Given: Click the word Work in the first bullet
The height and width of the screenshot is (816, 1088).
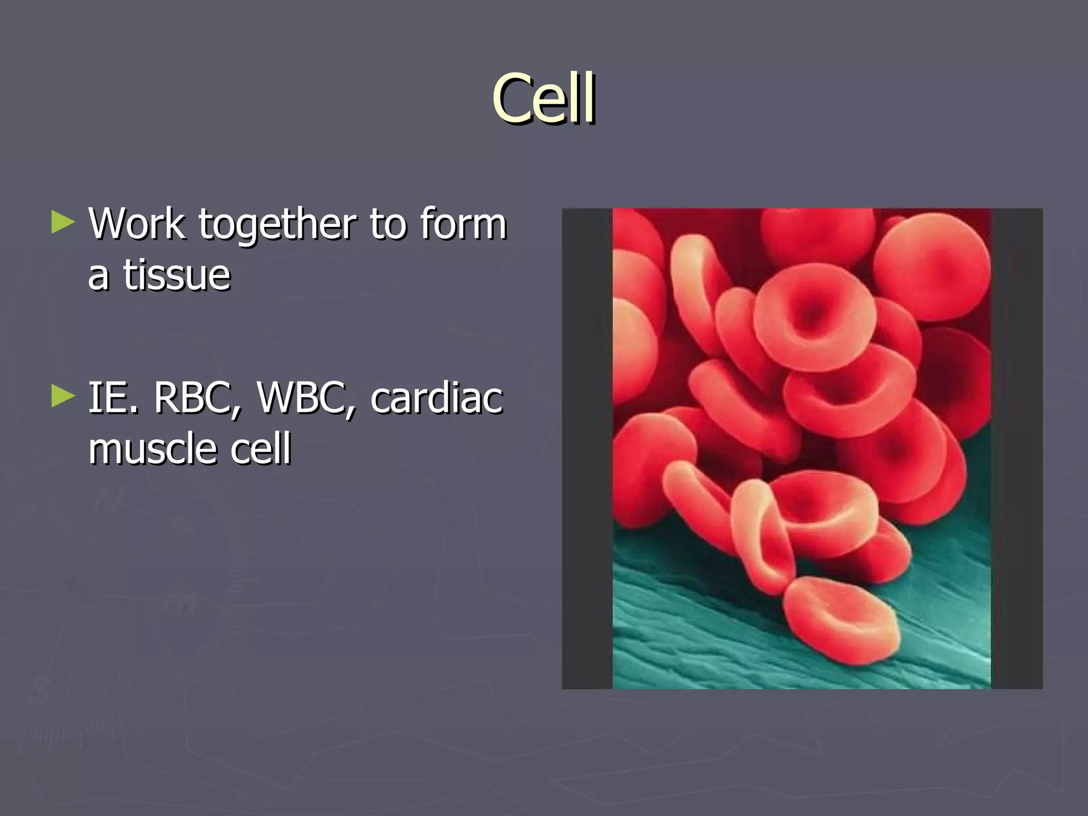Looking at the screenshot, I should click(137, 224).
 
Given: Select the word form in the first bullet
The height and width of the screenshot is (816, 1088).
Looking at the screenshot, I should click(463, 224).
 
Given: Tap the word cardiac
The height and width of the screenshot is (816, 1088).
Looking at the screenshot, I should click(436, 398).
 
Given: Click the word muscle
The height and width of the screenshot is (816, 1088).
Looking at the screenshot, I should click(152, 449).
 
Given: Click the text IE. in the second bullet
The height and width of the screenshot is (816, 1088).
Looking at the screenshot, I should click(113, 398).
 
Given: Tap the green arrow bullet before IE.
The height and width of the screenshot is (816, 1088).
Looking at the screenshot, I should click(63, 396).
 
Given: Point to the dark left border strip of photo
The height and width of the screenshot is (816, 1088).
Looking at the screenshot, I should click(587, 449).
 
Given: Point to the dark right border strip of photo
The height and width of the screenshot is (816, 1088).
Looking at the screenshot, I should click(1016, 449).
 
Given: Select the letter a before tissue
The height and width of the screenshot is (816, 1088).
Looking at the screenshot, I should click(98, 276).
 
